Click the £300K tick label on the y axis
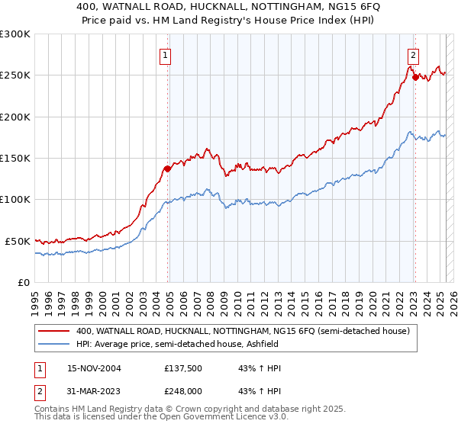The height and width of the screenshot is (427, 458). point(15,34)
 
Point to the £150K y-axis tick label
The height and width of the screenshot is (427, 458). point(15,159)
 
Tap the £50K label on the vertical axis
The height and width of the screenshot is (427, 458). point(18,241)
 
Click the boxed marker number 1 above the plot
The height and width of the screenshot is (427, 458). point(165,54)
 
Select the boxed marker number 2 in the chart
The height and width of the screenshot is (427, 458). point(413,54)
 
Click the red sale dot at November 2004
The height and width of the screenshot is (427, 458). point(168,169)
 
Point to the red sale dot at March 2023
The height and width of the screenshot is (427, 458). point(414,77)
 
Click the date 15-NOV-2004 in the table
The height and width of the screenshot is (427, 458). point(94,368)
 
